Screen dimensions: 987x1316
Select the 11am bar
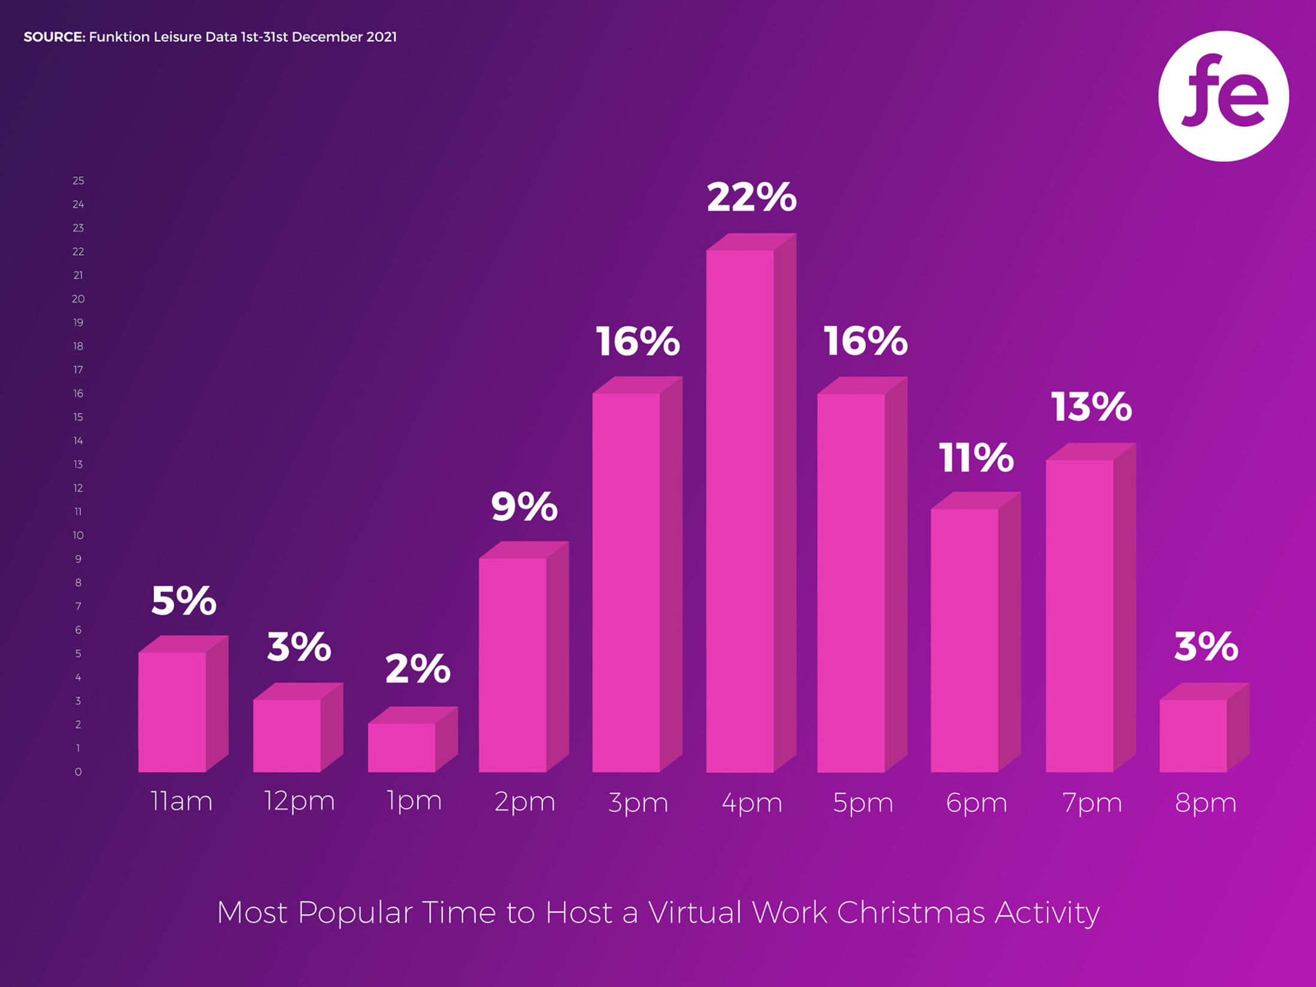pyautogui.click(x=172, y=712)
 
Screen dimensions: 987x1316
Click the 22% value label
pyautogui.click(x=751, y=197)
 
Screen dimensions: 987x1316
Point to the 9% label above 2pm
pyautogui.click(x=524, y=507)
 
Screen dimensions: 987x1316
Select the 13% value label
pyautogui.click(x=1091, y=407)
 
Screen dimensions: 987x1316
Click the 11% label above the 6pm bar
pyautogui.click(x=976, y=458)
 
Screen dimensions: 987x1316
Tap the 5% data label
pyautogui.click(x=184, y=601)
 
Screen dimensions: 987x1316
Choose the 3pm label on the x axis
pyautogui.click(x=638, y=803)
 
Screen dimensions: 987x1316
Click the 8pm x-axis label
pyautogui.click(x=1205, y=803)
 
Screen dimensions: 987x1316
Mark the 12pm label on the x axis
pyautogui.click(x=299, y=801)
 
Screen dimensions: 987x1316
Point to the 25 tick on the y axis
pyautogui.click(x=79, y=181)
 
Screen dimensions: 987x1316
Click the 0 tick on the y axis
pyautogui.click(x=79, y=772)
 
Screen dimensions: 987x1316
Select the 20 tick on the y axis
pyautogui.click(x=79, y=299)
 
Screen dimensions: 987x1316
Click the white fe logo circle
pyautogui.click(x=1223, y=96)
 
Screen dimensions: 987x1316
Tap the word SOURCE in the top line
pyautogui.click(x=54, y=37)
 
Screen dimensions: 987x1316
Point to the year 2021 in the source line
pyautogui.click(x=381, y=37)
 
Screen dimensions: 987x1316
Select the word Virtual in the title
pyautogui.click(x=695, y=913)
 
